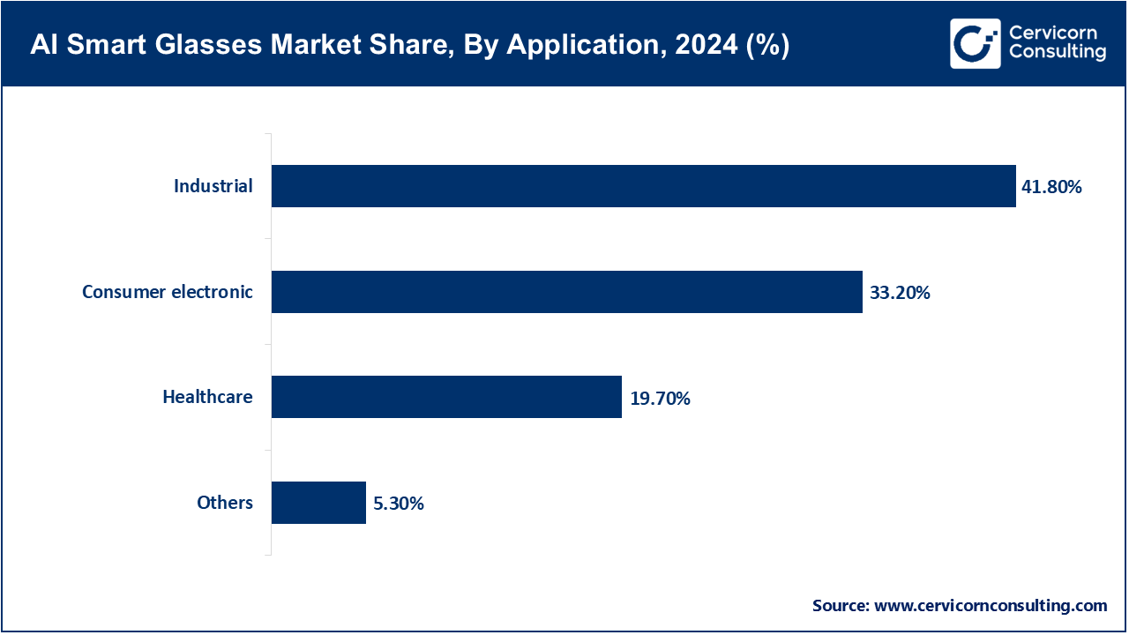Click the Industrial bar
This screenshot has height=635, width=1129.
[643, 186]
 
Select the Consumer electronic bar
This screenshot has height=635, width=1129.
[566, 292]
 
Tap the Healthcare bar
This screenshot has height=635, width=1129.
[446, 397]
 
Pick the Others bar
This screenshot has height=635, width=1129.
[318, 503]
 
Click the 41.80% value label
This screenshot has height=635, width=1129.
[1052, 187]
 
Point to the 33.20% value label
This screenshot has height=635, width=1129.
[900, 293]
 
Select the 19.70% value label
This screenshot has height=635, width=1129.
[660, 399]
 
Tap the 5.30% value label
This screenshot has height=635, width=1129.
[399, 504]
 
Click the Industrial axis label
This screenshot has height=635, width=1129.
[213, 186]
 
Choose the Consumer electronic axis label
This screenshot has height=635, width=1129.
[168, 292]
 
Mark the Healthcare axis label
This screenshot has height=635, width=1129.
[207, 397]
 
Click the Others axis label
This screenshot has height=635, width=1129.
[225, 503]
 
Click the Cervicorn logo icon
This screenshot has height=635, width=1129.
[975, 43]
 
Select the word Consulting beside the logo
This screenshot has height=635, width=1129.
[1057, 53]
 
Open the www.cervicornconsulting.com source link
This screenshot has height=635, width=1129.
[990, 606]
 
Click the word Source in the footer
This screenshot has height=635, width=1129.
[840, 606]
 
